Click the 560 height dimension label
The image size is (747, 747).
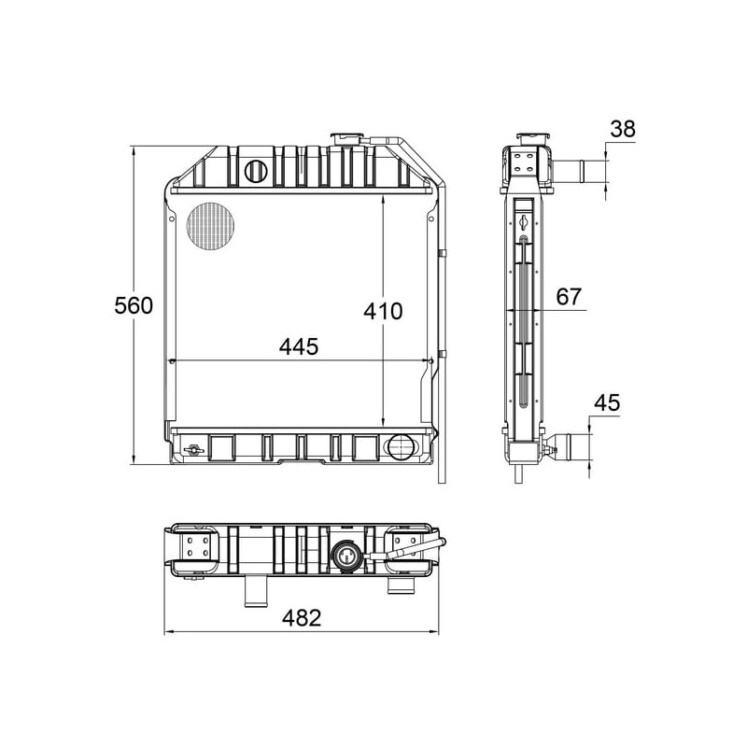pyautogui.click(x=134, y=305)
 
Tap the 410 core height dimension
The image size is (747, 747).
pyautogui.click(x=383, y=311)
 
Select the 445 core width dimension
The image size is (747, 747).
pyautogui.click(x=299, y=346)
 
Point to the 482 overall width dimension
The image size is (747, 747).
pyautogui.click(x=302, y=618)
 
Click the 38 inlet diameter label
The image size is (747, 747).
pyautogui.click(x=623, y=129)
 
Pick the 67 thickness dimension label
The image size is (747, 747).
pyautogui.click(x=569, y=297)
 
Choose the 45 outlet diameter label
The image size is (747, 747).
pyautogui.click(x=607, y=402)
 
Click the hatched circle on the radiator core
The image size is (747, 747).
pyautogui.click(x=211, y=227)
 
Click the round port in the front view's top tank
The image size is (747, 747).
pyautogui.click(x=256, y=171)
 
